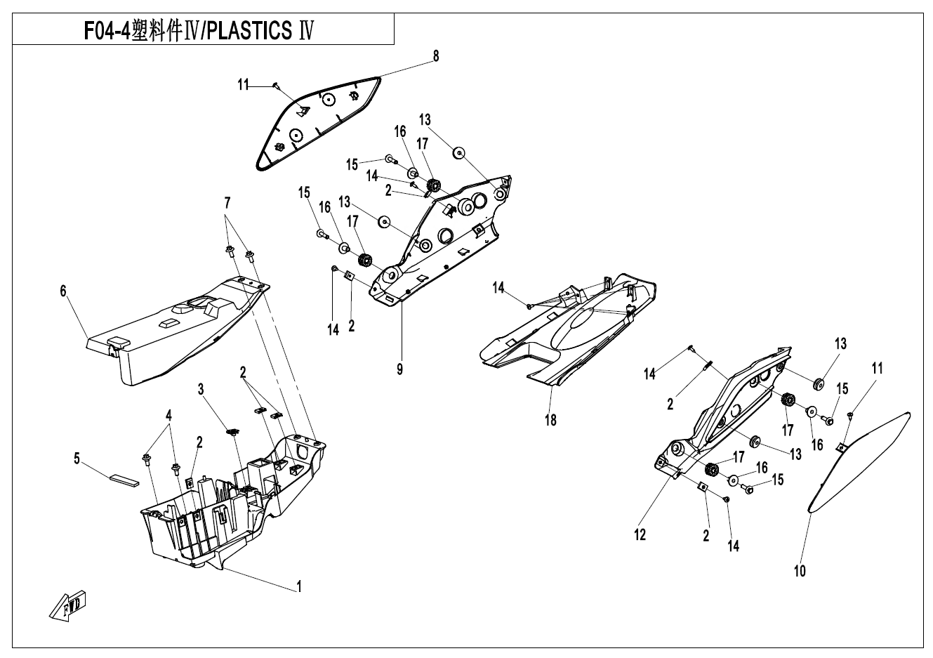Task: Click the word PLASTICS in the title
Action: (x=250, y=31)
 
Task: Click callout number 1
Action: (x=299, y=586)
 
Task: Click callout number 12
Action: (x=640, y=534)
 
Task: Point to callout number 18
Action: (x=551, y=420)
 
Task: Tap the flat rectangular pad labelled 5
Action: (x=124, y=479)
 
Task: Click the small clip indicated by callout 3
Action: (x=232, y=431)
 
